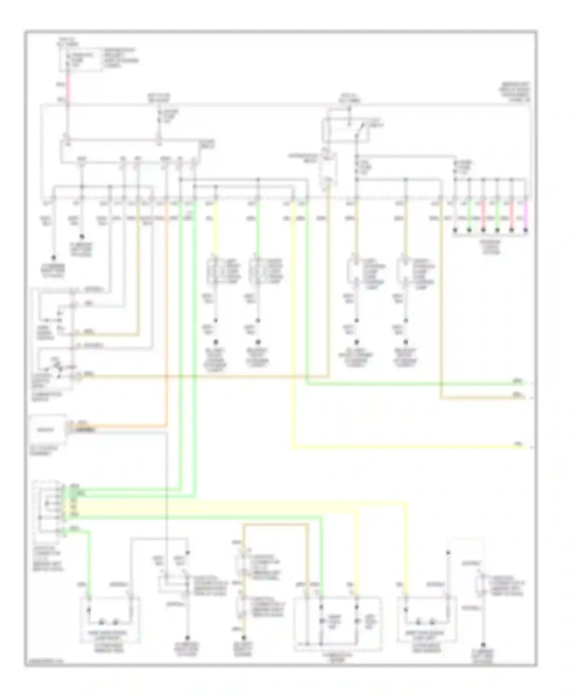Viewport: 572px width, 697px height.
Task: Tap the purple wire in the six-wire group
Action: click(x=525, y=215)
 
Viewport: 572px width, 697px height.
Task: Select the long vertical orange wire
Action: click(x=166, y=313)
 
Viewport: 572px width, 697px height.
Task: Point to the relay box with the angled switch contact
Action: click(x=346, y=130)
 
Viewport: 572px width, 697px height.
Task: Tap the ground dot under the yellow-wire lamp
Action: click(x=216, y=342)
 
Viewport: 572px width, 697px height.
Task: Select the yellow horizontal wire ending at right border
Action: click(x=408, y=446)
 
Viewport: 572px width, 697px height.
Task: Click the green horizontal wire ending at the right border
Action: click(x=416, y=384)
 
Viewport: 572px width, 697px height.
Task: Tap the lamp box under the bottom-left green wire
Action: click(x=109, y=620)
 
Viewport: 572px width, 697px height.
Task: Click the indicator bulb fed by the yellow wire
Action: click(x=357, y=622)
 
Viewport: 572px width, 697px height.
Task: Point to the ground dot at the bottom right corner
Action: click(x=484, y=645)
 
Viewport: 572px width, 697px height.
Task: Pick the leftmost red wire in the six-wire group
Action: click(x=483, y=215)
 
